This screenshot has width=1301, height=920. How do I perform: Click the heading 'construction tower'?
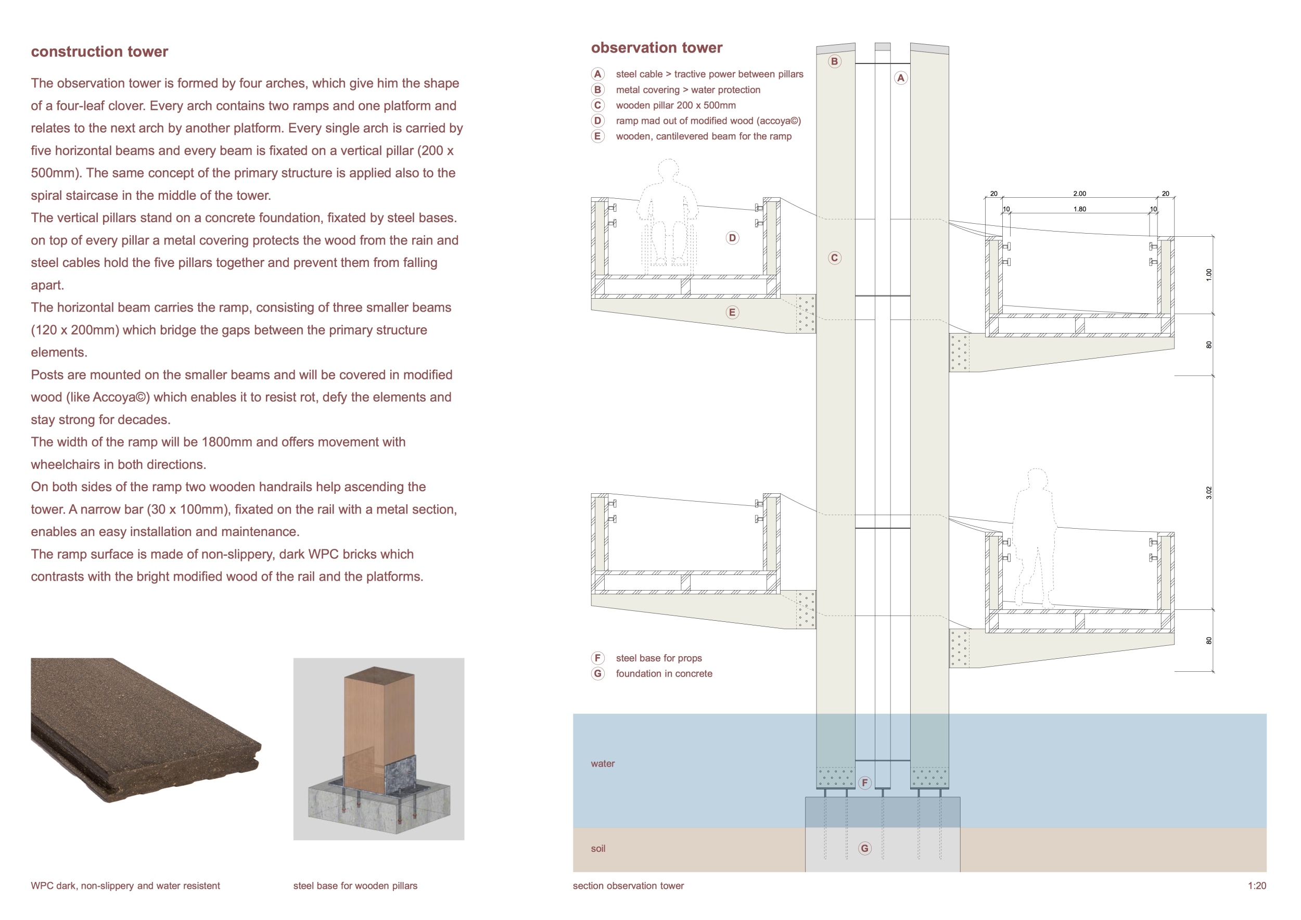tap(99, 52)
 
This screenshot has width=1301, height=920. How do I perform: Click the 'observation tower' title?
tap(656, 47)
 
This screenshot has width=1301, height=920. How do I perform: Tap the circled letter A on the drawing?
tap(900, 78)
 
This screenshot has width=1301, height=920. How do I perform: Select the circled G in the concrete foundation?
tap(864, 848)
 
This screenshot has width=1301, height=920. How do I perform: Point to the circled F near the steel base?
tap(864, 782)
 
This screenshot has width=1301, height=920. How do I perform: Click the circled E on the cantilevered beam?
tap(732, 312)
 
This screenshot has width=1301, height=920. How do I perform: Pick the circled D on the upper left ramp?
tap(732, 238)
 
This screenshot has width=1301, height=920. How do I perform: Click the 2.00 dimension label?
tap(1079, 194)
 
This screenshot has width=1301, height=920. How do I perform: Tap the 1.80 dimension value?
tap(1079, 209)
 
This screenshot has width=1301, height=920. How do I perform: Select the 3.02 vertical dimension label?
tap(1209, 493)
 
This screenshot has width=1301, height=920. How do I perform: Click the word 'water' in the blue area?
tap(602, 764)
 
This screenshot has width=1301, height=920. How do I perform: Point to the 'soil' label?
tap(598, 849)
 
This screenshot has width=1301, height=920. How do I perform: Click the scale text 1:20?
tap(1257, 886)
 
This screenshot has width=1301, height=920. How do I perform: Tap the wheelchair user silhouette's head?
tap(669, 168)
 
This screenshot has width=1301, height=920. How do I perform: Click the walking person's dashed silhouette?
tap(1035, 538)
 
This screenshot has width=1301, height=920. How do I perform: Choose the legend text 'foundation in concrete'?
tap(664, 673)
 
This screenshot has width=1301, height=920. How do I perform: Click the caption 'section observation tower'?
tap(628, 886)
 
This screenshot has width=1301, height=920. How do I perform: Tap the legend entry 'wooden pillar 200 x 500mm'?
tap(675, 105)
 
